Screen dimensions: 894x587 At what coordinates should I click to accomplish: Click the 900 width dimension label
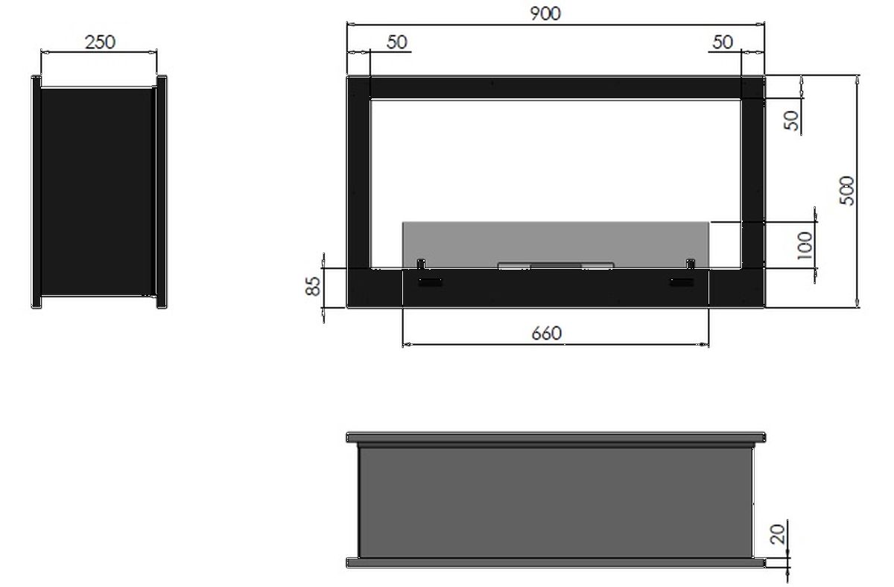[545, 13]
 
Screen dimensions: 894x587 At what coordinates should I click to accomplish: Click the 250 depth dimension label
[100, 42]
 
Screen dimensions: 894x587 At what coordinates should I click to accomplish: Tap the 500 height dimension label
[847, 191]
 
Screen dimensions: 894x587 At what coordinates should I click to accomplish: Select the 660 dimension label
[546, 333]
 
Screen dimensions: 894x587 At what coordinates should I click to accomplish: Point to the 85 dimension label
[313, 286]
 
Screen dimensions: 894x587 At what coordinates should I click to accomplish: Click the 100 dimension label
[805, 245]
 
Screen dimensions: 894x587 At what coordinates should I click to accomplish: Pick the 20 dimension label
[778, 534]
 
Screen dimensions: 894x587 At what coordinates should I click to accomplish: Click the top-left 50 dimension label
[396, 42]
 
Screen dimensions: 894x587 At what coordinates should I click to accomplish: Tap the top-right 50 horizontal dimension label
[723, 42]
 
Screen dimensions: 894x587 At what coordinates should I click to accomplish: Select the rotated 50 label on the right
[791, 121]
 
